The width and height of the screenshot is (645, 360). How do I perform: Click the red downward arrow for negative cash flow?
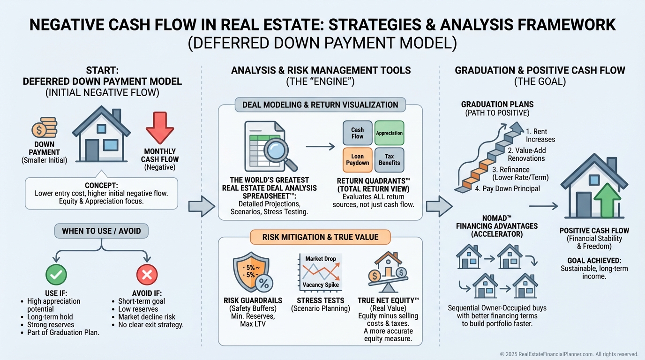pos(160,127)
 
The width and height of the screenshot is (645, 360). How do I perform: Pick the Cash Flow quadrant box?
pos(357,133)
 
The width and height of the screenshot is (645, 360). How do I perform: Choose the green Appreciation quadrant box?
pos(389,133)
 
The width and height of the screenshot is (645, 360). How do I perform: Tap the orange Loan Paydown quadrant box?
pos(357,159)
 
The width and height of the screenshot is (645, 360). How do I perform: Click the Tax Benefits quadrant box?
pos(389,159)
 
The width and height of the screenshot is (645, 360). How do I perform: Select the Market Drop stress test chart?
pos(321,272)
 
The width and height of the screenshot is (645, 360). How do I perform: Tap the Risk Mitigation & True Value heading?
pos(320,237)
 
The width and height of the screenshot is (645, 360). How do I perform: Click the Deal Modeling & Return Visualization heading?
pos(320,105)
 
